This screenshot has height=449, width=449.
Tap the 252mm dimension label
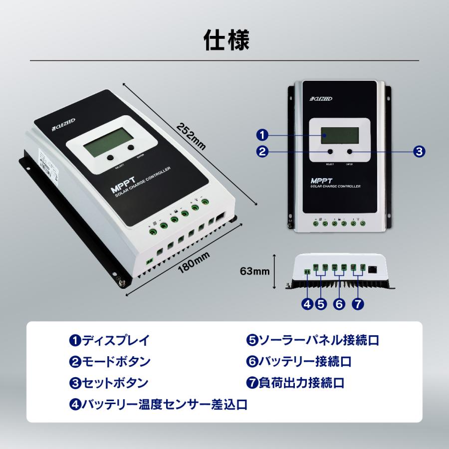[x=190, y=135]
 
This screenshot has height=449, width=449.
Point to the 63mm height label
[x=254, y=272]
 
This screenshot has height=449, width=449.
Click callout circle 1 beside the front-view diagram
[x=262, y=135]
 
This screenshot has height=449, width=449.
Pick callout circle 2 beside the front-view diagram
[x=262, y=152]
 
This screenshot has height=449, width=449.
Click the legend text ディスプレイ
[x=115, y=341]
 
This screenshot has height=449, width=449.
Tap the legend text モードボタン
[x=115, y=362]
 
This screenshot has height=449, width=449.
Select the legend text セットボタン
[x=115, y=383]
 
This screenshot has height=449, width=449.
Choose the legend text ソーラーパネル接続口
[x=318, y=341]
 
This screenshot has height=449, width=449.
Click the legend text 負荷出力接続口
[x=301, y=383]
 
